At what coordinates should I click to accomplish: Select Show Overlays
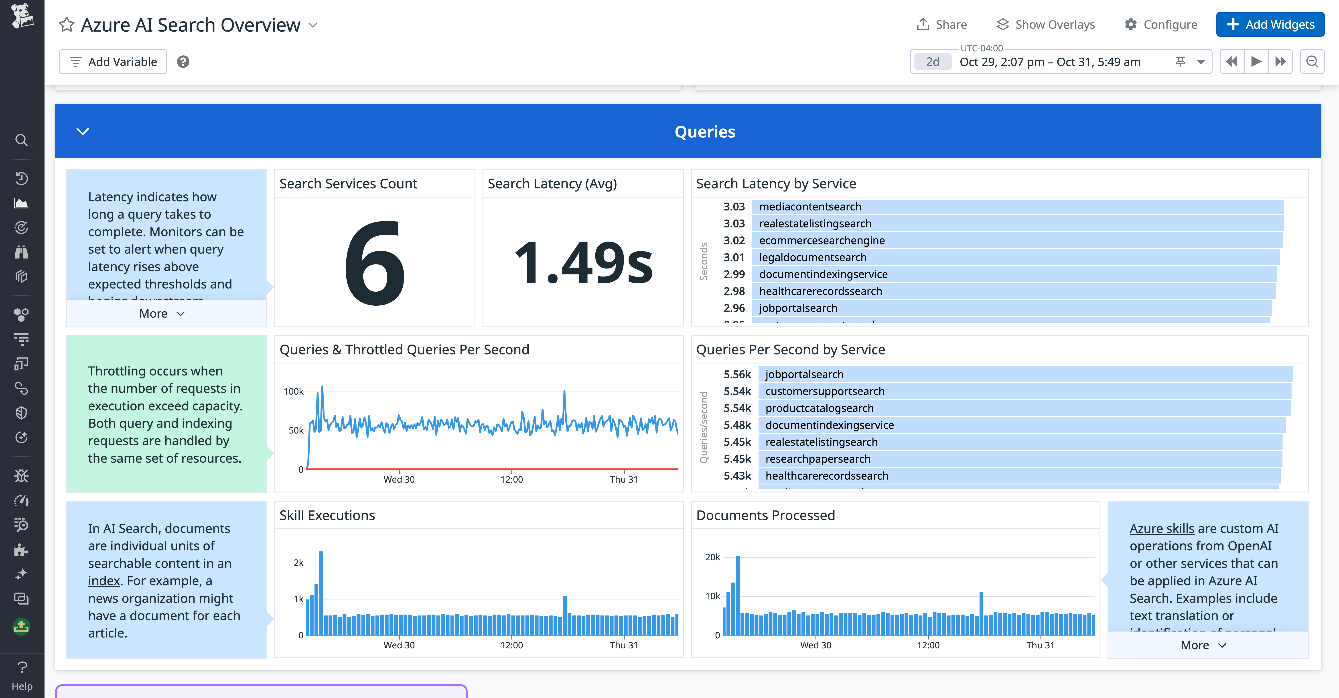click(x=1045, y=24)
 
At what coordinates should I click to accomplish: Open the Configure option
click(x=1161, y=24)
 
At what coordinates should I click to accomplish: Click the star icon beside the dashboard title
click(x=67, y=24)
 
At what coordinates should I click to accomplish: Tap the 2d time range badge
click(x=933, y=62)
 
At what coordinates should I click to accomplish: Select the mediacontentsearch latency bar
click(x=1017, y=207)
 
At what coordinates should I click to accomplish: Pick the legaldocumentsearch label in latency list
click(x=812, y=258)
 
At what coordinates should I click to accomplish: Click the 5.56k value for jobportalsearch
click(x=737, y=374)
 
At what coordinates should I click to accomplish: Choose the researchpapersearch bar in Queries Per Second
click(x=1020, y=459)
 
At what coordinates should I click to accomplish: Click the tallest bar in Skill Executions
click(x=321, y=592)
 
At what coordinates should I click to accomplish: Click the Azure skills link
click(x=1162, y=529)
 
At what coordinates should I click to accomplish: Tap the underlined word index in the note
click(x=104, y=581)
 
